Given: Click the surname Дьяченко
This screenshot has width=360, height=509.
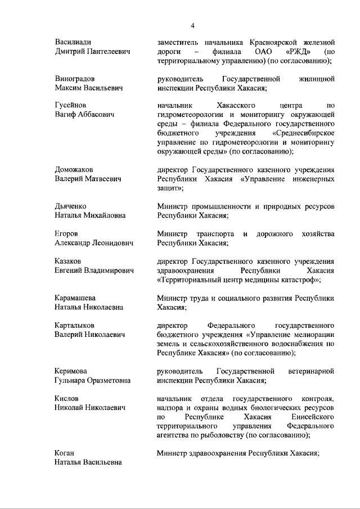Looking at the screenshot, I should pos(71,206).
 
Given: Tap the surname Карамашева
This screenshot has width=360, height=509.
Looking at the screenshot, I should pos(75,298).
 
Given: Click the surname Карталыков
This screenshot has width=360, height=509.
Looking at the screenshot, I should pos(74,325).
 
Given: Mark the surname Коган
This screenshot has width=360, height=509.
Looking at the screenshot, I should pos(65,453).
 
